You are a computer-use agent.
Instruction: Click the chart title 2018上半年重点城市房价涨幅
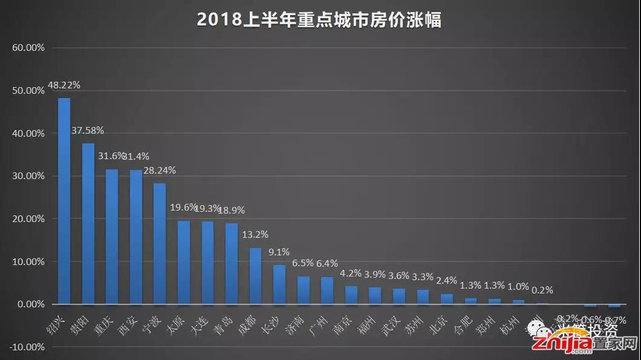[x=319, y=20]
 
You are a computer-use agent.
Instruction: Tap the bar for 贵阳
[x=88, y=223]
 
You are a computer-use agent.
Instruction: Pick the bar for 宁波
[x=160, y=243]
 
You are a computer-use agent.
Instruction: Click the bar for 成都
[x=255, y=276]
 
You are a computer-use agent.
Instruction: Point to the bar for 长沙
[x=279, y=284]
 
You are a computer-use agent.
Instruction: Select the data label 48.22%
[x=64, y=86]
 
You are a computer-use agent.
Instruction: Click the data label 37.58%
[x=88, y=130]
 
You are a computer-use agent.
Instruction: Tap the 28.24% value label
[x=160, y=171]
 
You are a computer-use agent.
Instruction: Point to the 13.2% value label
[x=255, y=235]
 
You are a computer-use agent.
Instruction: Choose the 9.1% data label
[x=279, y=252]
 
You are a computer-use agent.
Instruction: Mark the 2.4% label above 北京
[x=446, y=281]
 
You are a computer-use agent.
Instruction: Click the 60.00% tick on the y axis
[x=28, y=47]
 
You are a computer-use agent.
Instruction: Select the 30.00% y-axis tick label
[x=28, y=176]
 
